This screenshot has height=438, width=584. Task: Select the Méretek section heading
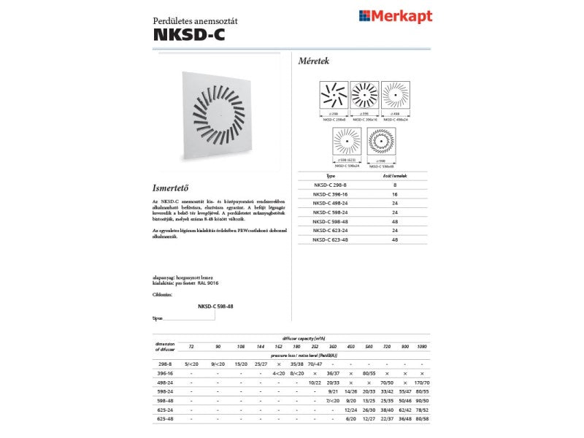[x=315, y=61]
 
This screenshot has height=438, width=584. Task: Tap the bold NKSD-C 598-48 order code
[x=215, y=307]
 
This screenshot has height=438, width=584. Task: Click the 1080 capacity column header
[x=422, y=345]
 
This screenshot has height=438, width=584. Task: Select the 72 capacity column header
[x=191, y=345]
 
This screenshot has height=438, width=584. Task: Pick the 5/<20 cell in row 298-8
[x=191, y=363]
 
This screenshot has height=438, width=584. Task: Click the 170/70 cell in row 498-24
[x=422, y=381]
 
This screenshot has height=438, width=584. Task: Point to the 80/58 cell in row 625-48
[x=422, y=418]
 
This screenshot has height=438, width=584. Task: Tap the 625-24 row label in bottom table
[x=166, y=409]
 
